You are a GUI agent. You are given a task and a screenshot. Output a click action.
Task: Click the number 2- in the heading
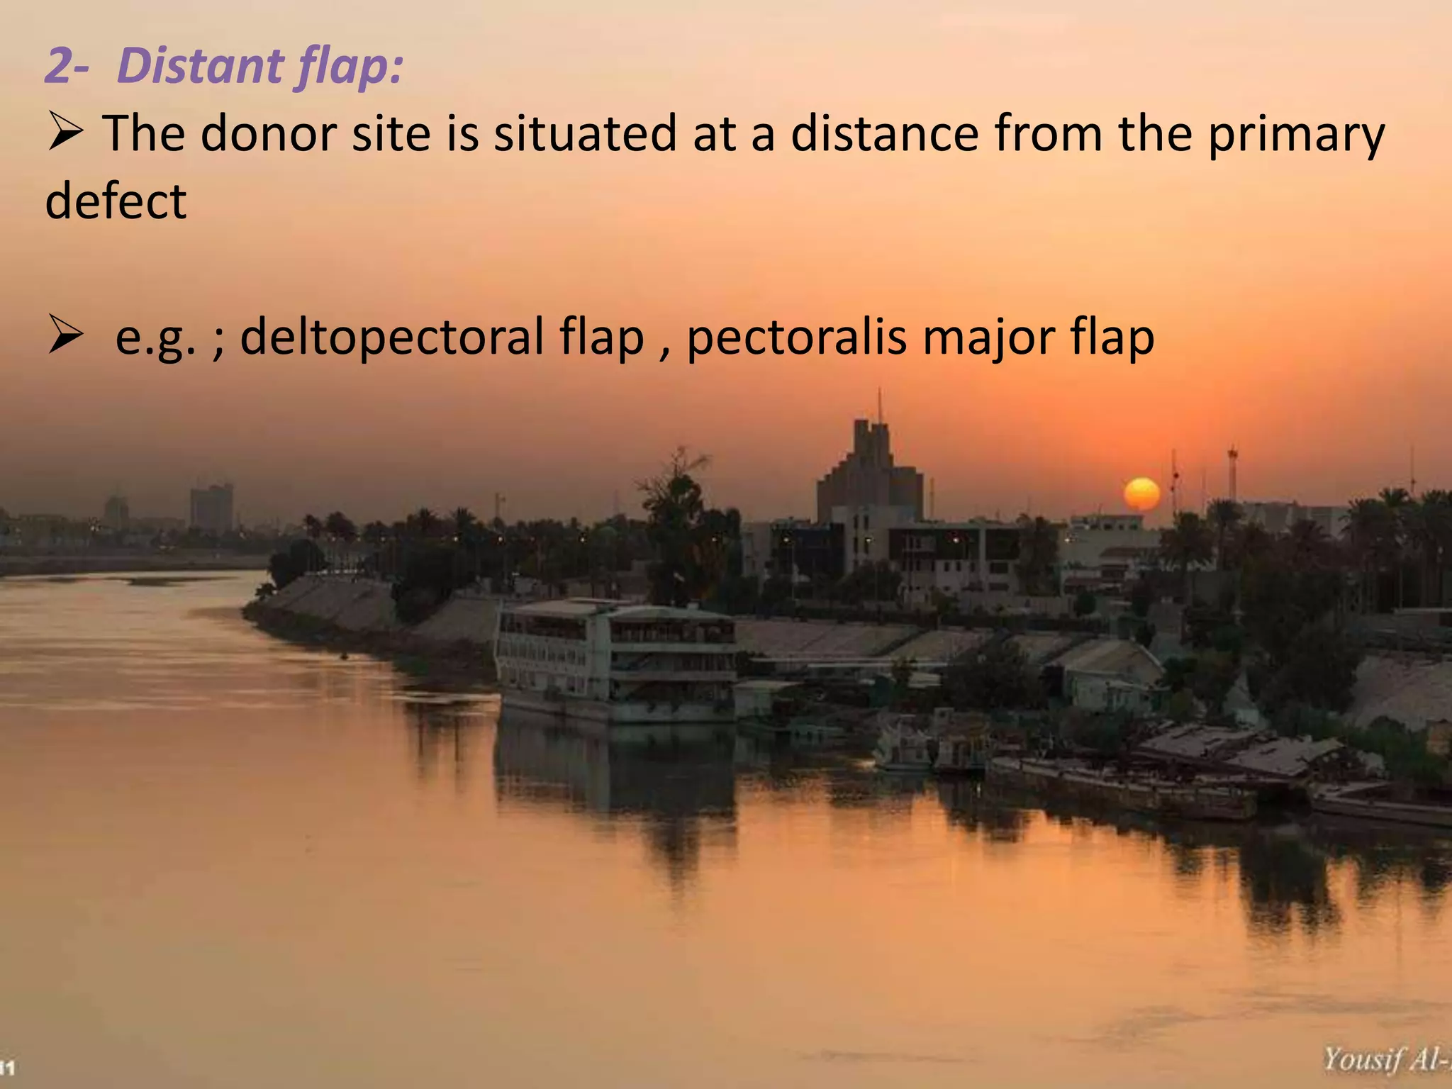coord(67,67)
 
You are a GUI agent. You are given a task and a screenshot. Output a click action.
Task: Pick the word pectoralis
coord(796,338)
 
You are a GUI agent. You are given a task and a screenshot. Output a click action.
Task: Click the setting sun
coord(1141,493)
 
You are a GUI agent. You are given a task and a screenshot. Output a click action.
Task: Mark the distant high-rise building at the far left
coord(211,508)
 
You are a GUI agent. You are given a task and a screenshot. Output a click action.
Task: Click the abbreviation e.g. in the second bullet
coord(155,339)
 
